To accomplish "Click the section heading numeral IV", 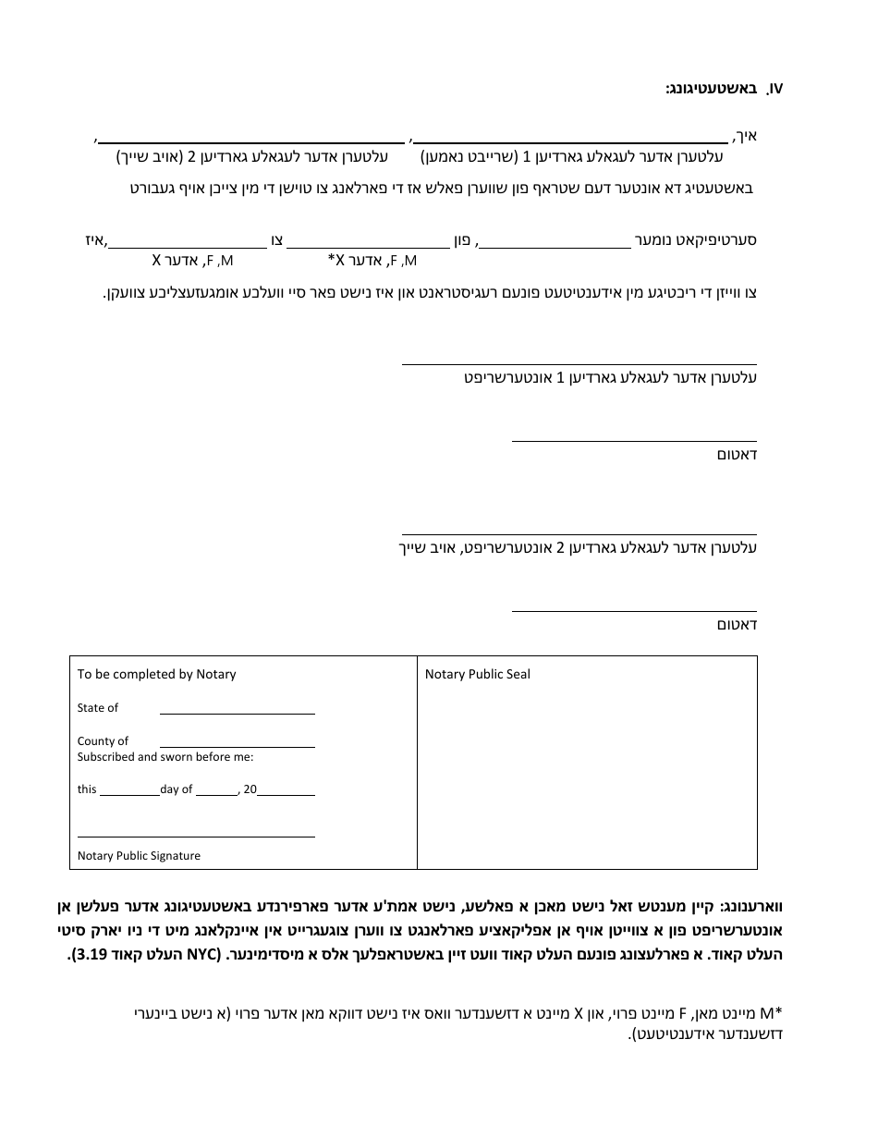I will point(774,89).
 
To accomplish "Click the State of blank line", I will point(237,713).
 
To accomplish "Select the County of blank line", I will point(237,745).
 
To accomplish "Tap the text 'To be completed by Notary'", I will point(156,674).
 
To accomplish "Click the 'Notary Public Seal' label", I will point(477,674).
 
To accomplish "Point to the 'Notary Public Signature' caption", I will point(139,856).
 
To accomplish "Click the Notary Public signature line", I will point(196,836).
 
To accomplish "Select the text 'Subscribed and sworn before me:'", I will point(165,756).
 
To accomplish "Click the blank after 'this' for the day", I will point(128,793).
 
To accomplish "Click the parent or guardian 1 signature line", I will point(579,363).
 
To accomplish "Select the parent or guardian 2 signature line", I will point(579,533).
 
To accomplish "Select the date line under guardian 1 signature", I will point(634,440).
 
